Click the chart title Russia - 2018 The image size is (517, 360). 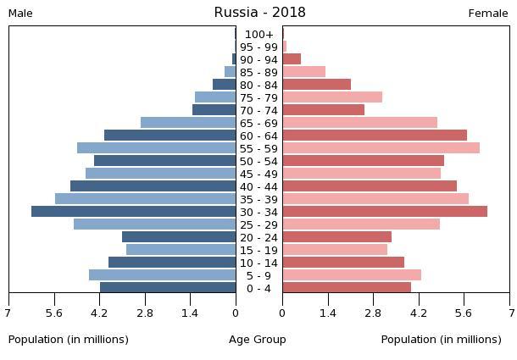click(259, 13)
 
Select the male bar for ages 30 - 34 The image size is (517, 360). click(134, 212)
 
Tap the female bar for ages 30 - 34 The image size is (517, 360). click(385, 212)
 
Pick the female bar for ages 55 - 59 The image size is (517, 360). click(381, 148)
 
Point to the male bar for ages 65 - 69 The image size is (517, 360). click(188, 123)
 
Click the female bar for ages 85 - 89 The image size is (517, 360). click(303, 72)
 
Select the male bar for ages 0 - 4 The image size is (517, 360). click(168, 288)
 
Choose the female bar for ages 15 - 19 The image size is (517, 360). click(335, 250)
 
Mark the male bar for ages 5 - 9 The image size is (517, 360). click(163, 275)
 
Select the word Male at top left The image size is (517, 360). click(20, 14)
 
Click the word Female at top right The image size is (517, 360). click(488, 14)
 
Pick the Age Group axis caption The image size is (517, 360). click(258, 340)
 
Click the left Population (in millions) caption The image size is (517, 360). click(69, 340)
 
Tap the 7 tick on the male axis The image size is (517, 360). click(8, 313)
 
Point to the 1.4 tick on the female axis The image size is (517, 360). click(328, 313)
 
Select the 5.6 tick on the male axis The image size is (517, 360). click(55, 313)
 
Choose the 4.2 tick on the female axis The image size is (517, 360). click(419, 313)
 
